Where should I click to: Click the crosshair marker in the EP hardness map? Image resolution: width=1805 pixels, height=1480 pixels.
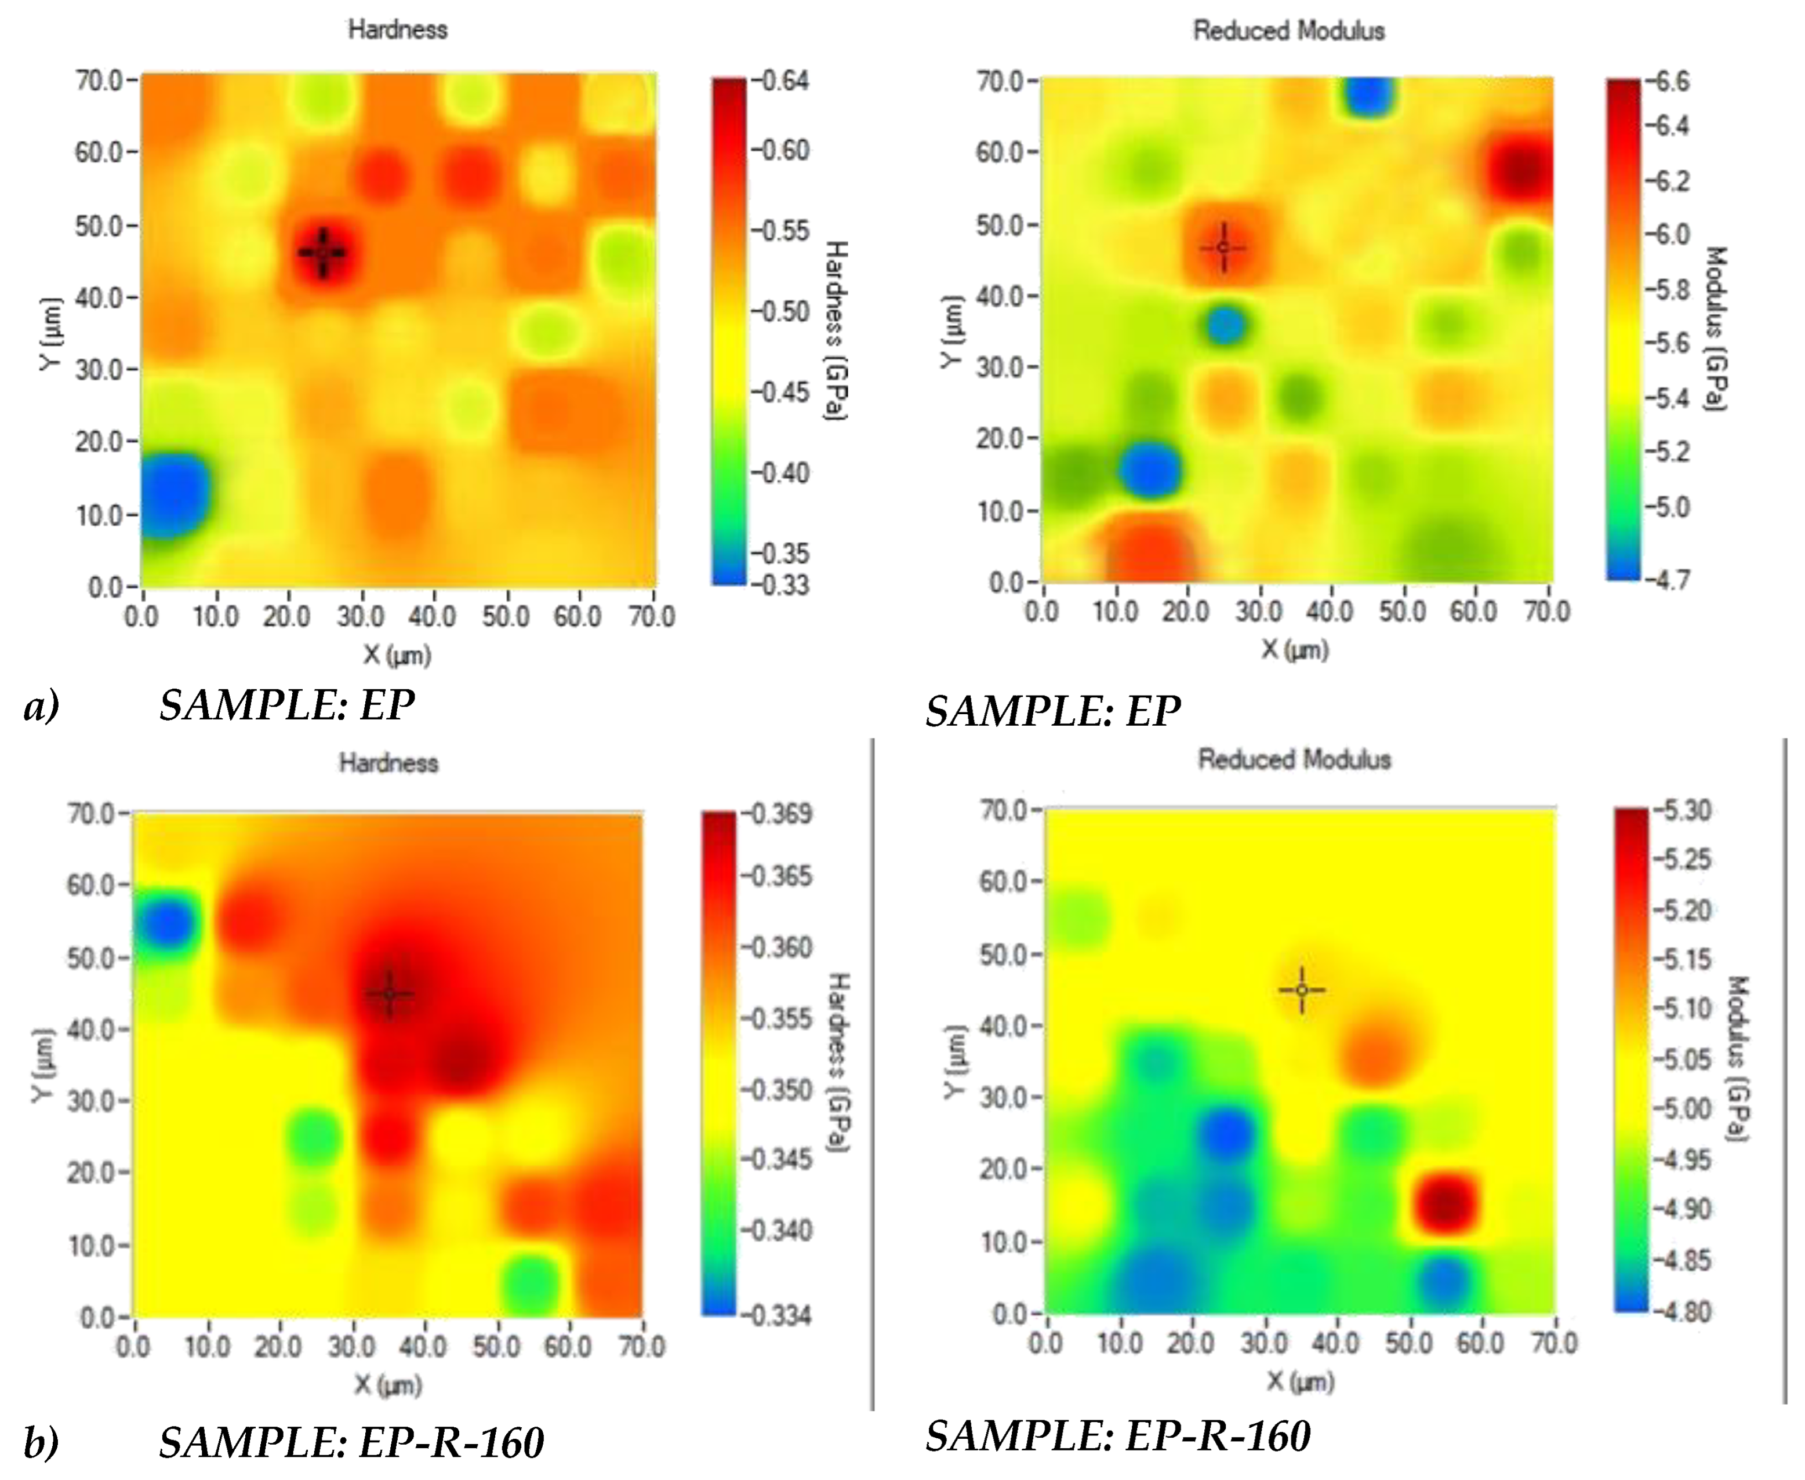[322, 252]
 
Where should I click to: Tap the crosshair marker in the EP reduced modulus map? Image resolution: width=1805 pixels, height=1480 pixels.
[1223, 247]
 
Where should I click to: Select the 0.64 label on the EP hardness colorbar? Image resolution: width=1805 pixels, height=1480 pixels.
[782, 81]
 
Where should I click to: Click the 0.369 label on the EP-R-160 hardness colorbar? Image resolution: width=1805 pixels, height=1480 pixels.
[778, 813]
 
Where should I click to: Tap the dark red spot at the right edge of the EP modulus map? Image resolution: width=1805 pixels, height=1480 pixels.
[1522, 170]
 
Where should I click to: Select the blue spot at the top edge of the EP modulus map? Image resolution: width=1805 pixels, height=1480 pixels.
[1368, 96]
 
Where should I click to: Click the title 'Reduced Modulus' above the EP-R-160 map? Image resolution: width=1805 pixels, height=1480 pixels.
[1294, 759]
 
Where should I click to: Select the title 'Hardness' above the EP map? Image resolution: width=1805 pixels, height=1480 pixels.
[397, 29]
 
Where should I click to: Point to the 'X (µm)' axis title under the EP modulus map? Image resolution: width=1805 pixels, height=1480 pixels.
[1294, 650]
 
